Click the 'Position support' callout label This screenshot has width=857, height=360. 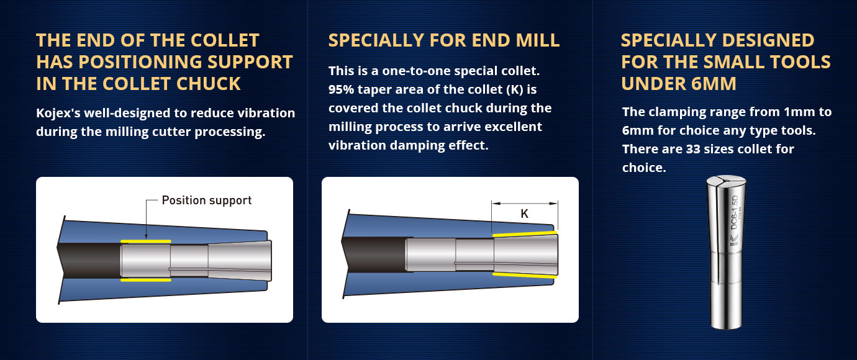(x=207, y=200)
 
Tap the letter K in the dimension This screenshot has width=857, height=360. (x=525, y=214)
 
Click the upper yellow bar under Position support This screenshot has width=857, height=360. (x=146, y=241)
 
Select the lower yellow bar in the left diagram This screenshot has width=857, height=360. (x=146, y=280)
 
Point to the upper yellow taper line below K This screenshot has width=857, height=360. (x=525, y=233)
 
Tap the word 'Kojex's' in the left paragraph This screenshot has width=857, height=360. (x=58, y=113)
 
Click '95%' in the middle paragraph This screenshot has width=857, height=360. (x=342, y=89)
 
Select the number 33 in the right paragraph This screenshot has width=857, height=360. (x=693, y=149)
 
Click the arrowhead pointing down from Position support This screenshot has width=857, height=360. (x=146, y=236)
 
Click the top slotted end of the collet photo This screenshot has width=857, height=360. (x=726, y=179)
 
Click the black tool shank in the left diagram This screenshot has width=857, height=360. (x=90, y=259)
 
